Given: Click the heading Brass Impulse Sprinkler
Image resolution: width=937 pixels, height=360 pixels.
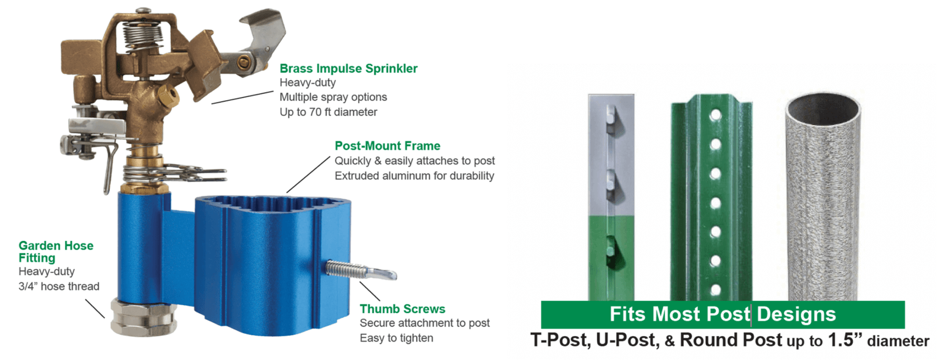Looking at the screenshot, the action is point(348,68).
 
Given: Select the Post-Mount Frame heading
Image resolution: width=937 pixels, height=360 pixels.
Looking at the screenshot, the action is point(387,146).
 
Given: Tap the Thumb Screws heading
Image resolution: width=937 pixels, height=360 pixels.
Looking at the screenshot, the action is point(403,309).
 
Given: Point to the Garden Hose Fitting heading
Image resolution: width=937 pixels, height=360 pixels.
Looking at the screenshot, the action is point(56,251).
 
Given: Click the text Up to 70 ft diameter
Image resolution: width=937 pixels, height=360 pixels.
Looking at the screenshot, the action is point(328,112).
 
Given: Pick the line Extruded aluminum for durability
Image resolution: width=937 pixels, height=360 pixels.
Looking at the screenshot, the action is point(414,176).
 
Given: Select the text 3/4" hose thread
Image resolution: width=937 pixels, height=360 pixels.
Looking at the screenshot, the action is point(59,286).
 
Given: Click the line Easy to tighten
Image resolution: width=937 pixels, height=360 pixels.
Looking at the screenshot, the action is point(396,338).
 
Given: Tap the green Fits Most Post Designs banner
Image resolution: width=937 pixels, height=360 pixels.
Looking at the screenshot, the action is point(723,314).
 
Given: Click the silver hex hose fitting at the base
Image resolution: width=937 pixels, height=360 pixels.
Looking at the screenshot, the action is point(144,316).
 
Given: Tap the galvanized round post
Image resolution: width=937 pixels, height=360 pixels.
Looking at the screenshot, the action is point(823,196).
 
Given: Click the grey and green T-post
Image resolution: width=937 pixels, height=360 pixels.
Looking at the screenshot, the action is point(611,196).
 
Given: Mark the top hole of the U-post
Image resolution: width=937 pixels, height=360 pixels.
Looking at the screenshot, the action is point(716,115).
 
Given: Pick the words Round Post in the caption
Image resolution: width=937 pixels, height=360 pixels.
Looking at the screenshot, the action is point(731,340).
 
